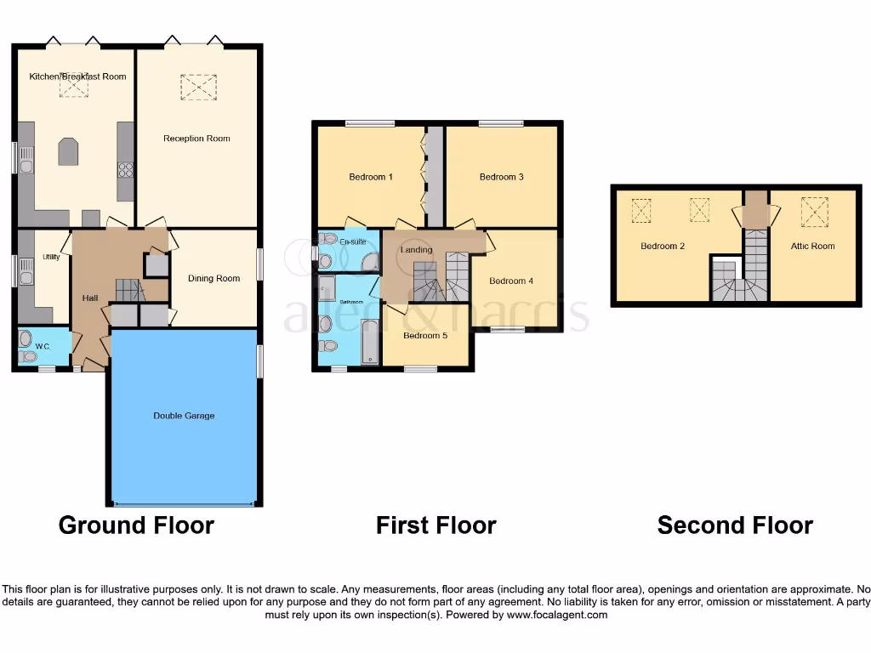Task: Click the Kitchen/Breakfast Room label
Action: [x=77, y=77]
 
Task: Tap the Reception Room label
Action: [x=196, y=139]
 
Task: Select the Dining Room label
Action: [x=214, y=279]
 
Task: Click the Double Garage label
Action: [x=184, y=416]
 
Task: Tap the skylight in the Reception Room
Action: [x=198, y=86]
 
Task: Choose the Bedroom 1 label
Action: [x=371, y=178]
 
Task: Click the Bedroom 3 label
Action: [x=501, y=178]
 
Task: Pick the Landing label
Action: [x=417, y=250]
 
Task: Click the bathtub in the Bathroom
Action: [x=370, y=343]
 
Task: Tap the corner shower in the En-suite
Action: [x=370, y=262]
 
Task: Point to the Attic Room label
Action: [x=812, y=247]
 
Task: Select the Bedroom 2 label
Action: [x=663, y=247]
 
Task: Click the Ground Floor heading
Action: [x=136, y=525]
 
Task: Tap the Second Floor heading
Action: [x=735, y=525]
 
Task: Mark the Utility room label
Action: [x=50, y=257]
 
